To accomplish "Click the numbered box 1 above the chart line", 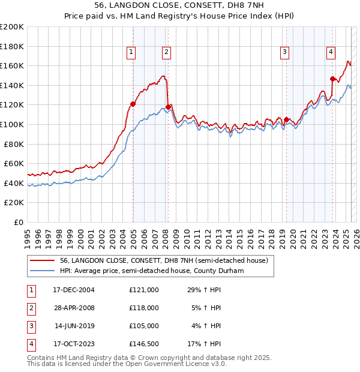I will pos(131,53).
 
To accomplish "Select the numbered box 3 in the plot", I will pos(284,53).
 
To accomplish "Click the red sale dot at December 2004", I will pos(133,104).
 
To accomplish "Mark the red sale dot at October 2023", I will pos(332,79).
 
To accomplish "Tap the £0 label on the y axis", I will pos(19,222).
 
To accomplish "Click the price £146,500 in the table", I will pos(144,344).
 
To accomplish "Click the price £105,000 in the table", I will pos(144,326).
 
